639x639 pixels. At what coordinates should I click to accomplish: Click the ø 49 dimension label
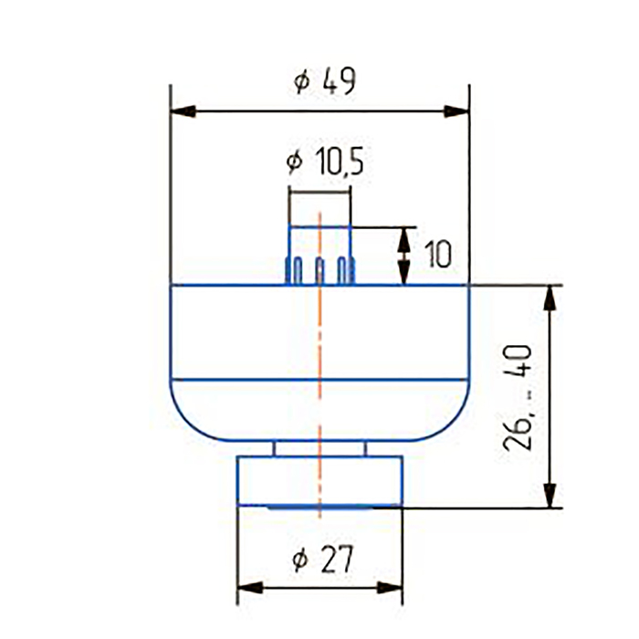click(x=325, y=81)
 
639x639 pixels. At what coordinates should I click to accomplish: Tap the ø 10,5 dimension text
click(x=325, y=161)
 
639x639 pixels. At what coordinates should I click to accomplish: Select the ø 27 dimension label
click(x=323, y=559)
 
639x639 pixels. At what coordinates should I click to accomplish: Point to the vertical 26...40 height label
click(x=518, y=398)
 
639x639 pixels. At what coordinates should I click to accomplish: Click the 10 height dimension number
click(x=438, y=254)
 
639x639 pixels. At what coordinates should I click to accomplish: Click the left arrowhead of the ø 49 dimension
click(x=183, y=111)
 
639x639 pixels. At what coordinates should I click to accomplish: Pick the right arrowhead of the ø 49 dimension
click(x=456, y=111)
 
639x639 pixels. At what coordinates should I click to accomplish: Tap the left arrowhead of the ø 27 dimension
click(x=250, y=588)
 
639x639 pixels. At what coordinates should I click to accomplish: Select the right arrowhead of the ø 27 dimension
click(x=390, y=588)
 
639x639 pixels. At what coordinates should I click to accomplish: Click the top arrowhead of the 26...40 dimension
click(x=550, y=299)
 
